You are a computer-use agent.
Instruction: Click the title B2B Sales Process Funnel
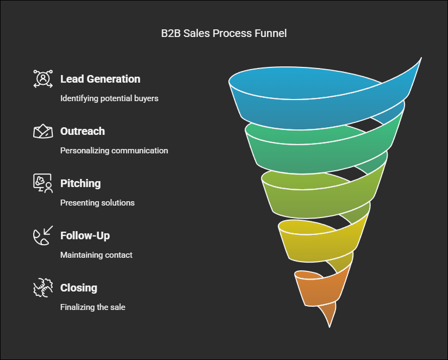click(x=223, y=33)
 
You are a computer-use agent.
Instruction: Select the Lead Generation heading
click(x=100, y=79)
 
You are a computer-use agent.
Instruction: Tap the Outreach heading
click(x=83, y=131)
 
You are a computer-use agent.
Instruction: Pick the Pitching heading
click(x=80, y=183)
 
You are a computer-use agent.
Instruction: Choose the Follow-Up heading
click(x=85, y=235)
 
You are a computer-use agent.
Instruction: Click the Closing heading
click(x=79, y=288)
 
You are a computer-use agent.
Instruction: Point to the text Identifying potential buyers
click(x=109, y=98)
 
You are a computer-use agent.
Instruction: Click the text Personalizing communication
click(x=114, y=151)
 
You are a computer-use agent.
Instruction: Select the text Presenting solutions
click(x=97, y=203)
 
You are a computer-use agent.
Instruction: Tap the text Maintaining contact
click(x=96, y=255)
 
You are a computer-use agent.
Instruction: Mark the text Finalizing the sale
click(x=93, y=307)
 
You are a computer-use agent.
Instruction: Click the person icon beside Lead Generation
click(x=43, y=78)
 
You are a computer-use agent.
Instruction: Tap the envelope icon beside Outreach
click(x=43, y=131)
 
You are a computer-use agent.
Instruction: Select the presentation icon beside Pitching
click(x=43, y=183)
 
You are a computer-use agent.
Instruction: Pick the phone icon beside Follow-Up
click(x=43, y=235)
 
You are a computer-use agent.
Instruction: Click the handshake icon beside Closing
click(x=43, y=288)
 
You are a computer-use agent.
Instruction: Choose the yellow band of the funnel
click(x=317, y=246)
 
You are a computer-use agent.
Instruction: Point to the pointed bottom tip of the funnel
click(x=329, y=327)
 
